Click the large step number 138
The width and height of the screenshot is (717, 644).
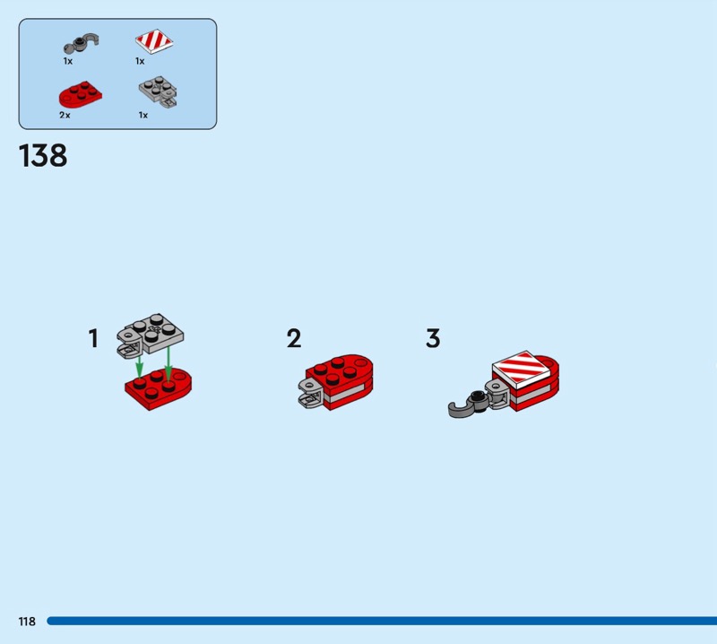(x=43, y=156)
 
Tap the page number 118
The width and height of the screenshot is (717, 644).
(x=27, y=621)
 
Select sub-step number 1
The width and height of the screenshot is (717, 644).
(x=93, y=339)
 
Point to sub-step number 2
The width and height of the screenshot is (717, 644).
(x=294, y=339)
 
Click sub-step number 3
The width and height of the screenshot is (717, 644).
(x=433, y=338)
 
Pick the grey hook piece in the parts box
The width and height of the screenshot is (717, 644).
(x=82, y=42)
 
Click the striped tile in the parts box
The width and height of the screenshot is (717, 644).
(x=154, y=41)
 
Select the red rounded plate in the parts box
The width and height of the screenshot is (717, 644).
(x=80, y=95)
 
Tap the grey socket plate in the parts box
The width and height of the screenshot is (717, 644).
(x=159, y=91)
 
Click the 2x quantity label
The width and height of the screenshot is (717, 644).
(x=65, y=116)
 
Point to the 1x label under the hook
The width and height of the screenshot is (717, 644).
(x=68, y=61)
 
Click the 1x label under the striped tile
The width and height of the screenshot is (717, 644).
(x=140, y=61)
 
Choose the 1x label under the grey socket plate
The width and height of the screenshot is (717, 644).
(x=143, y=116)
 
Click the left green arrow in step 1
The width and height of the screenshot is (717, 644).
(x=140, y=366)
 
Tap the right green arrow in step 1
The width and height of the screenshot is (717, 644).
(x=168, y=363)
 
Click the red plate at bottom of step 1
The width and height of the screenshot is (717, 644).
(x=159, y=388)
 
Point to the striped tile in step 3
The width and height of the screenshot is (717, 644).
(x=522, y=367)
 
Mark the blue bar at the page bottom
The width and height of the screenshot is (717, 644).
(x=382, y=621)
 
